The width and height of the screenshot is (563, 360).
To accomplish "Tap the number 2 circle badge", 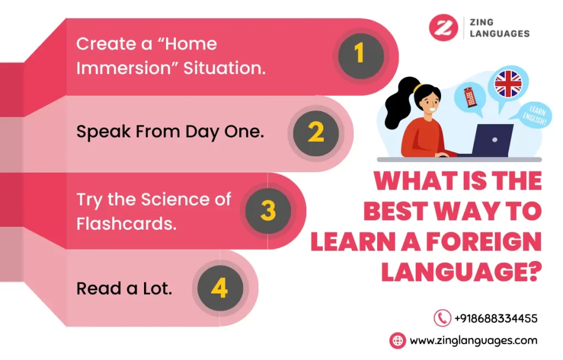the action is coord(316,133).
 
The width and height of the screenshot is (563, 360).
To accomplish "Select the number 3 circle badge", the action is coord(268,211).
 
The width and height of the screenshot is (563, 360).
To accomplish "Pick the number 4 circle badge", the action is coord(220,288).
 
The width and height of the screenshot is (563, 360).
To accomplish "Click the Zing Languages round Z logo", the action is coord(444,27).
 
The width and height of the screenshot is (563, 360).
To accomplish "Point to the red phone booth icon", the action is coord(470,97).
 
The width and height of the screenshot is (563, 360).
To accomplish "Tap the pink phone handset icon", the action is coord(443,318).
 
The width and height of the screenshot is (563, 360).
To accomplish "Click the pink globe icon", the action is coord(398,340).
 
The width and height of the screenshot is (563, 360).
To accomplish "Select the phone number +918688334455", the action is coord(496,318).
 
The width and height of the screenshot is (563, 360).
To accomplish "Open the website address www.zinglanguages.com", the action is coord(473,341).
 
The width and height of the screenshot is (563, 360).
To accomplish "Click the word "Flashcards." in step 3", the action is coord(126,224).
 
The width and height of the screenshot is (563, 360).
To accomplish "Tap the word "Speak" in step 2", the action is coord(103,132).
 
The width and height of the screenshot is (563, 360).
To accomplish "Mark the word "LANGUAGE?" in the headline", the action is coord(461,272).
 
